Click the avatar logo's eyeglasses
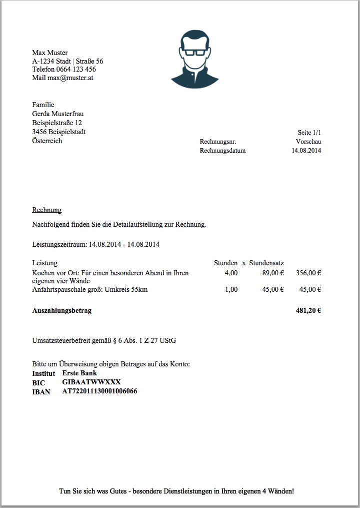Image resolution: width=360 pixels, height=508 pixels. click(194, 52)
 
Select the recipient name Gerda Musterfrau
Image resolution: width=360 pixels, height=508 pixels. click(57, 114)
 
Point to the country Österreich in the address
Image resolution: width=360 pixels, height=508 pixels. click(47, 141)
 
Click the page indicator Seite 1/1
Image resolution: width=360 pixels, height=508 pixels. click(309, 133)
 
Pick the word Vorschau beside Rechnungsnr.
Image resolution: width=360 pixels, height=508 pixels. click(308, 142)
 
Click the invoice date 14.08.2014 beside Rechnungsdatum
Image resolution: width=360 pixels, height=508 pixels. click(306, 150)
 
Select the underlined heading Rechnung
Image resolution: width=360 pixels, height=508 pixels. click(46, 210)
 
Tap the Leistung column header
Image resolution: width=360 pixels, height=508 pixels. click(45, 263)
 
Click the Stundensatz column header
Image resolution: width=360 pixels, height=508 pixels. click(267, 263)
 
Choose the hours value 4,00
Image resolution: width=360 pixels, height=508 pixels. click(231, 273)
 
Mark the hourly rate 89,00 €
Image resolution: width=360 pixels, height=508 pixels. click(273, 273)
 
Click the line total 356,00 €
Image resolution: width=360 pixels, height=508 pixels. click(308, 273)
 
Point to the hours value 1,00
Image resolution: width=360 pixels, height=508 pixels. click(231, 289)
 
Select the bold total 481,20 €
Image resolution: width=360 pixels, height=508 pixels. click(308, 310)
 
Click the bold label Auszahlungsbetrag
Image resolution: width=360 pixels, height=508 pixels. click(62, 310)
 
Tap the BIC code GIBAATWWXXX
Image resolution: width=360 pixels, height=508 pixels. click(91, 382)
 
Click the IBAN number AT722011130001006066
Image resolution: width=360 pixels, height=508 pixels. click(99, 391)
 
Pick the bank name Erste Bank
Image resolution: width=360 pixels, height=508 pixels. click(79, 373)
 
